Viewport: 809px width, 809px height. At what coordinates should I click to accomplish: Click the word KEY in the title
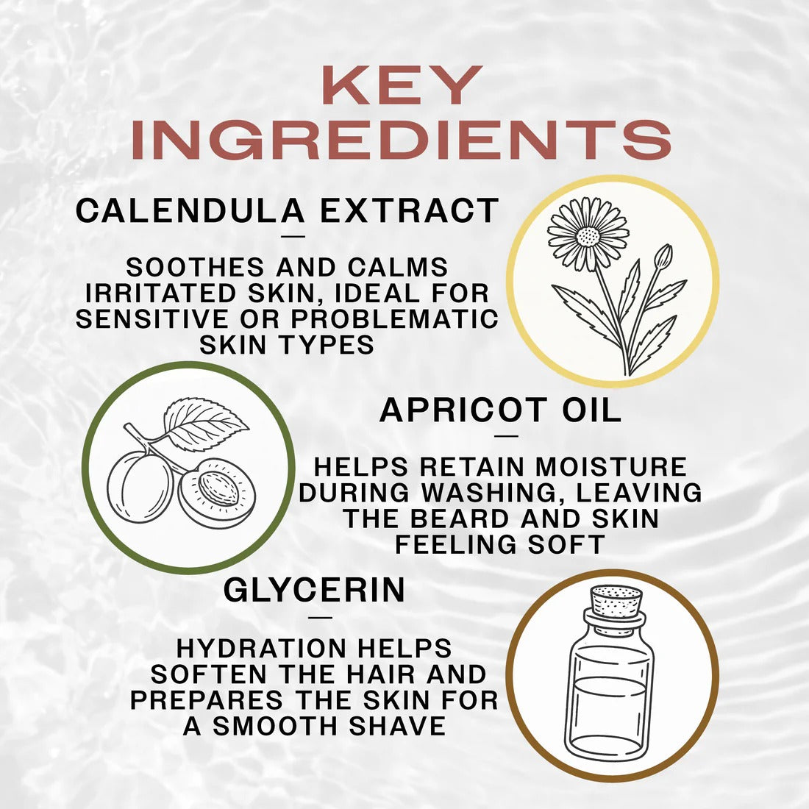pyautogui.click(x=402, y=86)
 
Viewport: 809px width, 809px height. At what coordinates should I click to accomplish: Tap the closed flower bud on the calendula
pyautogui.click(x=663, y=256)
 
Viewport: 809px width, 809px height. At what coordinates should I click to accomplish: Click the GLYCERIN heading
pyautogui.click(x=314, y=591)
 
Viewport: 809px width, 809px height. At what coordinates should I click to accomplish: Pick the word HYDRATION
pyautogui.click(x=261, y=648)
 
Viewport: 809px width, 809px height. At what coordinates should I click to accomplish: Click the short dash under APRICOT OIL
pyautogui.click(x=507, y=435)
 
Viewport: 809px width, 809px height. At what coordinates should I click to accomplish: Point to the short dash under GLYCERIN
pyautogui.click(x=321, y=617)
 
